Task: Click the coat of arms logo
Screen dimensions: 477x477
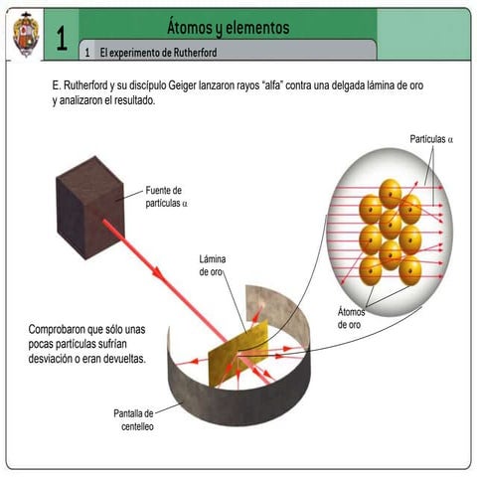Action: coord(26,35)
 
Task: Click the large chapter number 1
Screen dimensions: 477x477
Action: coord(62,38)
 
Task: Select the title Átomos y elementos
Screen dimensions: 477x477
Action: coord(229,28)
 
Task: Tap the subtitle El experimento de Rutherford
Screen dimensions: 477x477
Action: coord(158,53)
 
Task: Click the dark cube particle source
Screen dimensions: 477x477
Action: coord(90,208)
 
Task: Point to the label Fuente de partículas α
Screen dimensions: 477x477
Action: coord(166,197)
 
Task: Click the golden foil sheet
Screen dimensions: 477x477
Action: coord(238,354)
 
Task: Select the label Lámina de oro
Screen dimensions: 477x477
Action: coord(213,265)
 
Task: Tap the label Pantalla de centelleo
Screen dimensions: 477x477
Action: coord(134,420)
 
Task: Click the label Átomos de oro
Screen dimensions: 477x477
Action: coord(351,318)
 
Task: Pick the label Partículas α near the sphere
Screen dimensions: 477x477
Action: coord(431,139)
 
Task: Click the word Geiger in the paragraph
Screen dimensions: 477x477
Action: coord(182,85)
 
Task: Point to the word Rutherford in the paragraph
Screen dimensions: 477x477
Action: coord(85,85)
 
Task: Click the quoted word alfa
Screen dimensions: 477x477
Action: coord(269,85)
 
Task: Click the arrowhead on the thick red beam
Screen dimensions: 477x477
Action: coord(158,273)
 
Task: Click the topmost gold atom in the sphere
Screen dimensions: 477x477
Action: coord(391,194)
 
